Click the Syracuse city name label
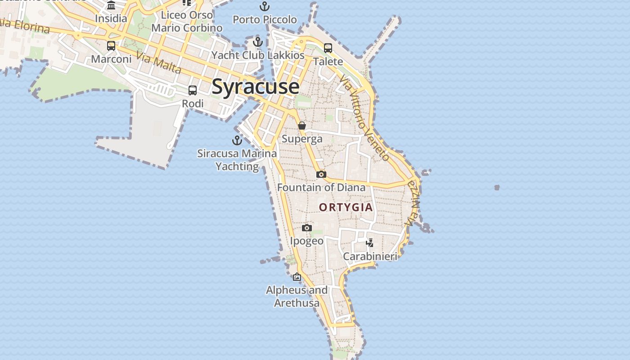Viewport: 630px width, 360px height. tap(255, 86)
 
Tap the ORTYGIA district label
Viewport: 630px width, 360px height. tap(346, 207)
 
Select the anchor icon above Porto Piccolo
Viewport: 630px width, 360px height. tap(265, 6)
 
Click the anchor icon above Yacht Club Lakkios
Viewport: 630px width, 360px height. tap(258, 42)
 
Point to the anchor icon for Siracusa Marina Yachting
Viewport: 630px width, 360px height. tap(237, 140)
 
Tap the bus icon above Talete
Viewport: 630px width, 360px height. tap(328, 48)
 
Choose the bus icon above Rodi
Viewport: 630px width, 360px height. tap(193, 90)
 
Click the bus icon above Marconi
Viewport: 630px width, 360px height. tap(111, 45)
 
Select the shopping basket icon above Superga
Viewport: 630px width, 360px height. tap(302, 126)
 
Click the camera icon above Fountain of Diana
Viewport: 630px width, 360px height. tap(321, 174)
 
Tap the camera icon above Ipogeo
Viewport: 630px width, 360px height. tap(307, 228)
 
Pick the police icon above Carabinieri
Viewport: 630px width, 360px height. tap(370, 243)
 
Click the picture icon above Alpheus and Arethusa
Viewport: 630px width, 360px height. tap(297, 277)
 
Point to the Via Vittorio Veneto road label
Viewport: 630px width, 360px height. tap(364, 118)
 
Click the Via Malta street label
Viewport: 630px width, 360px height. tap(158, 63)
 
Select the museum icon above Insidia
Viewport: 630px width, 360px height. tap(111, 5)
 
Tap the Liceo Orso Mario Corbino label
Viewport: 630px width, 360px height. tap(187, 21)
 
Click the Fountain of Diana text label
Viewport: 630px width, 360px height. tap(321, 187)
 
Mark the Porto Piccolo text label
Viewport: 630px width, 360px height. tap(265, 20)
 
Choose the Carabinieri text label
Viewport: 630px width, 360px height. tap(370, 256)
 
